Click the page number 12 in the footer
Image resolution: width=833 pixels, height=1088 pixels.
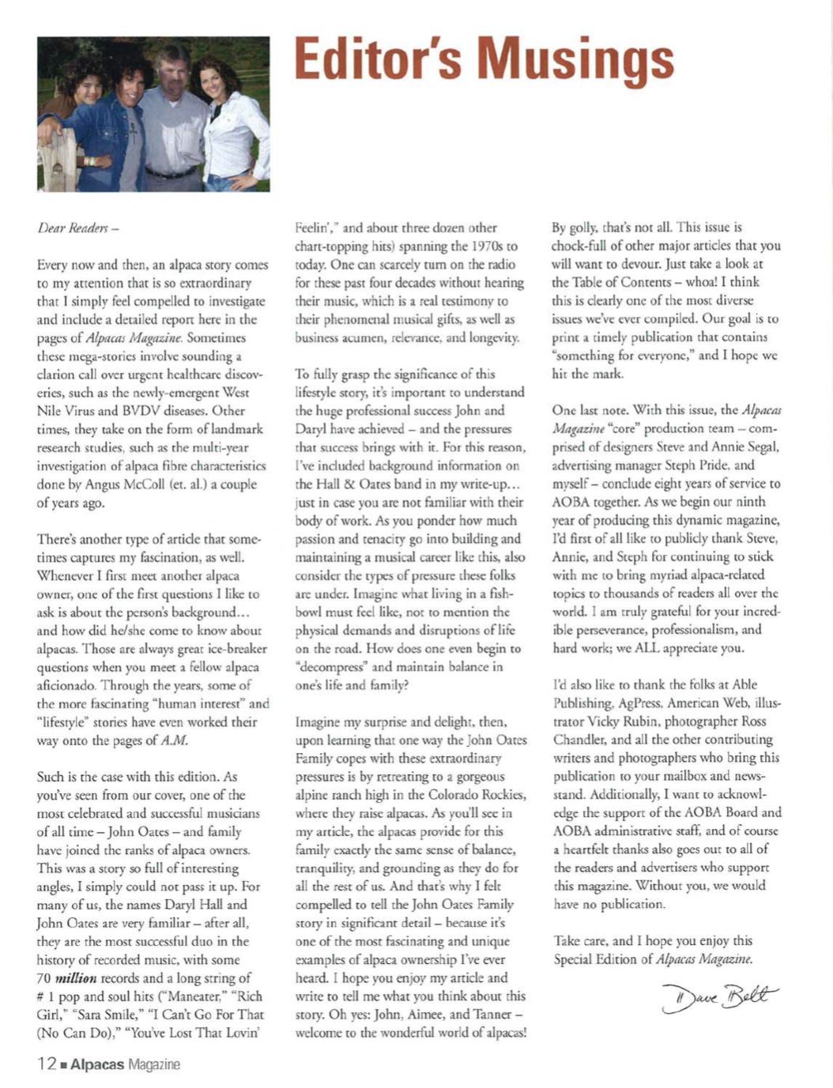click(45, 1064)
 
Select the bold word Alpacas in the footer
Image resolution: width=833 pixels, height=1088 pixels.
click(97, 1064)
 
